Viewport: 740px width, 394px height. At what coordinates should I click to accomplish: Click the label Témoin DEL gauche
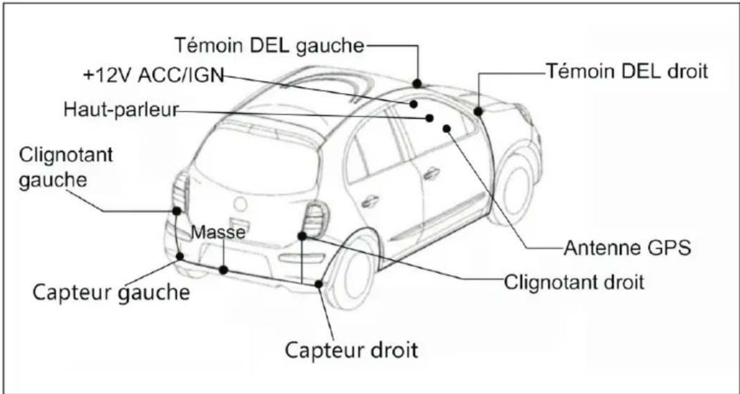(269, 45)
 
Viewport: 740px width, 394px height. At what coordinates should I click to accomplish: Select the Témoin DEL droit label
(627, 71)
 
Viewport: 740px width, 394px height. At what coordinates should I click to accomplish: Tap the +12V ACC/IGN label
(154, 75)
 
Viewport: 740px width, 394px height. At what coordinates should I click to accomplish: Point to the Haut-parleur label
(121, 109)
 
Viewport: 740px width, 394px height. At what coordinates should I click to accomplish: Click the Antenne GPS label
(627, 248)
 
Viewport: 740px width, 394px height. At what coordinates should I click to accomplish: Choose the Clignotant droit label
(574, 282)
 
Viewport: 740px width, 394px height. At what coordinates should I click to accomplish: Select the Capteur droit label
(351, 350)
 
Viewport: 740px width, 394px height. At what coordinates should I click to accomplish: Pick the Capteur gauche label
(111, 293)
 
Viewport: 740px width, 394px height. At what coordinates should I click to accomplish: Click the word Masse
(218, 232)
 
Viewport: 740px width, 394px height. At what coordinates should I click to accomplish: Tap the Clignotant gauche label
(65, 168)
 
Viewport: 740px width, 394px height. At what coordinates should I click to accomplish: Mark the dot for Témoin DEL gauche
(417, 84)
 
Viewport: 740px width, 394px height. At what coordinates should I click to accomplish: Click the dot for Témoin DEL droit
(478, 112)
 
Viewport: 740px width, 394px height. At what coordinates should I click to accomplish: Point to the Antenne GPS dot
(447, 128)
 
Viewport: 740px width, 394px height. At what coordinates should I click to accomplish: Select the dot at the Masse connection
(224, 270)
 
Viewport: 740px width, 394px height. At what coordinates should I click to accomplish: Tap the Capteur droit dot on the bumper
(318, 284)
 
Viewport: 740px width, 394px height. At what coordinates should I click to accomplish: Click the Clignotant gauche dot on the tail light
(177, 211)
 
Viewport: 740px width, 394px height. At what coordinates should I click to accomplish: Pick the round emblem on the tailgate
(241, 204)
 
